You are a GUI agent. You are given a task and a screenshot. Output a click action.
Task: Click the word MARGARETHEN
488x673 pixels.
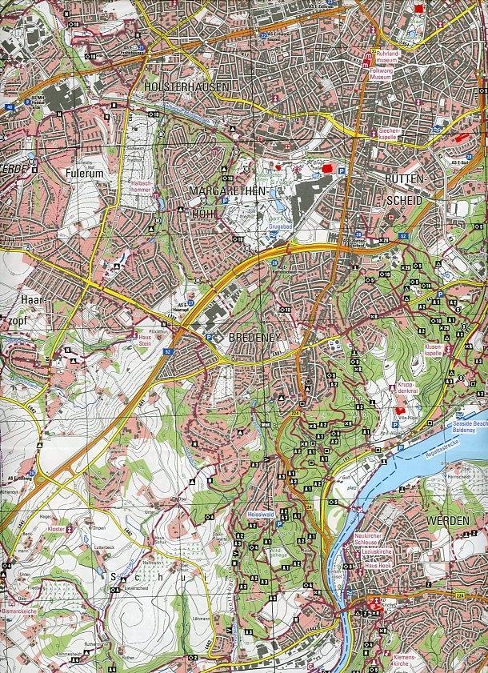point(222,190)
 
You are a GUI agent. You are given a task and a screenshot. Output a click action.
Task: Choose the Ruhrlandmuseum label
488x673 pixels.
point(386,58)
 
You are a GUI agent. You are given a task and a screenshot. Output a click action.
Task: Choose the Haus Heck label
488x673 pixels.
point(378,566)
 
